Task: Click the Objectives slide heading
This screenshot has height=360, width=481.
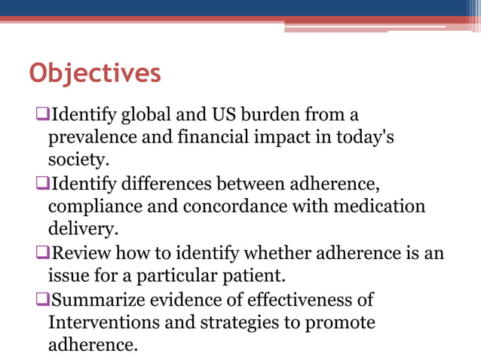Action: (x=94, y=75)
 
